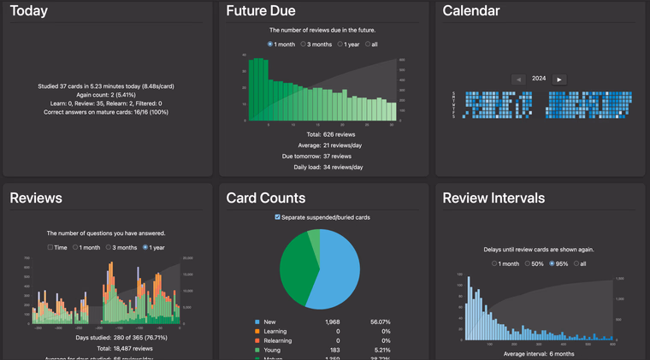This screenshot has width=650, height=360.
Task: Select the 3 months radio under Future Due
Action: [304, 44]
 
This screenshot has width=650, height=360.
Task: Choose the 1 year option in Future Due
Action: [340, 44]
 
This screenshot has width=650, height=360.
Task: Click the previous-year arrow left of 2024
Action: [518, 79]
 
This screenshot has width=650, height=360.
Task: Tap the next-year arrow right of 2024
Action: [559, 79]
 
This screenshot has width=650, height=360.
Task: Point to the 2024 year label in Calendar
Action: [539, 79]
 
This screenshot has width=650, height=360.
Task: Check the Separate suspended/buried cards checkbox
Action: [277, 217]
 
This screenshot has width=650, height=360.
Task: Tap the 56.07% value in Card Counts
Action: [379, 322]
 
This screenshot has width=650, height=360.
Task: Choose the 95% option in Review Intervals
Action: [553, 263]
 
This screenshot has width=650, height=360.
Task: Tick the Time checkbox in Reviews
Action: [50, 247]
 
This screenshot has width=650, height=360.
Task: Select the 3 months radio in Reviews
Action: [111, 247]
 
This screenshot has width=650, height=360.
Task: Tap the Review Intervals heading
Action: [493, 198]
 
